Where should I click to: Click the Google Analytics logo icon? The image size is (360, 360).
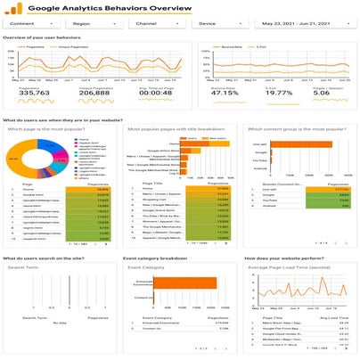pos(17,10)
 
